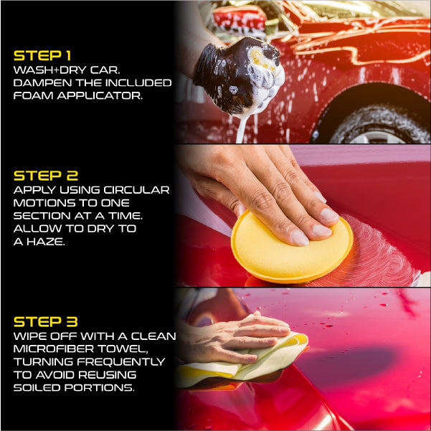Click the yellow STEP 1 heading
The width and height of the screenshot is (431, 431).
(42, 55)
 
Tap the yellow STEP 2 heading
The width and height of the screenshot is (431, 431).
(46, 176)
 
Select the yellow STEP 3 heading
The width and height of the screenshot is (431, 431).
(46, 322)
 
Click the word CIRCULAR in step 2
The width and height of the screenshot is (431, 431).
(136, 190)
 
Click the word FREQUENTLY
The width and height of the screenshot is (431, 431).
(121, 361)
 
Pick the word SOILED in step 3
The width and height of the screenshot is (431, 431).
(37, 387)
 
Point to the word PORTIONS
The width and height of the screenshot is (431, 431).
(100, 387)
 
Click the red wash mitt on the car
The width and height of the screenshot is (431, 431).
(239, 19)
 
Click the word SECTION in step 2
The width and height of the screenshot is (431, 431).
(42, 216)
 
